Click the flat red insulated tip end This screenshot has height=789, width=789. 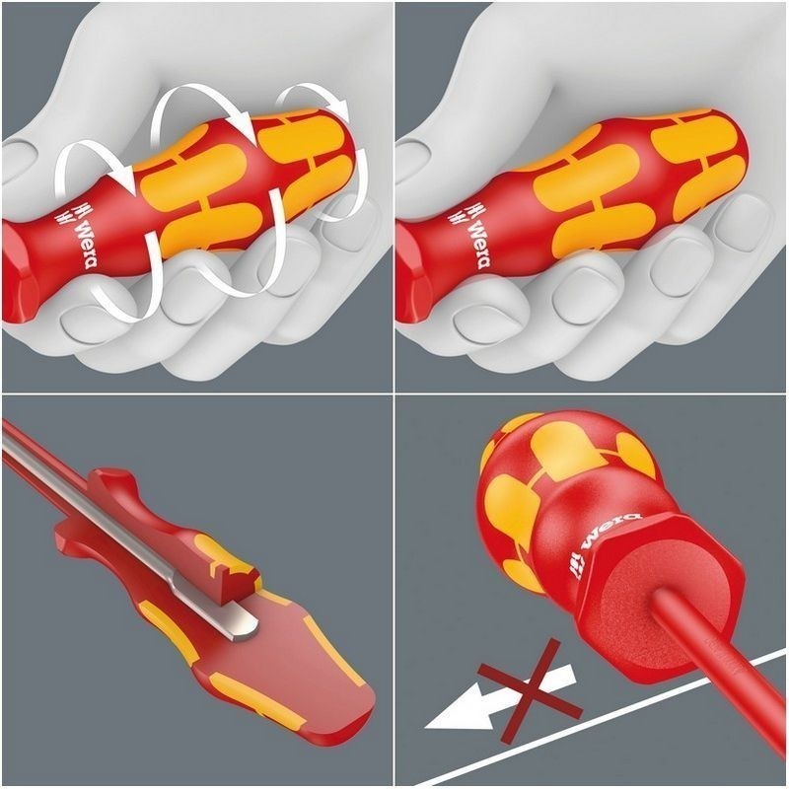click(325, 690)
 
